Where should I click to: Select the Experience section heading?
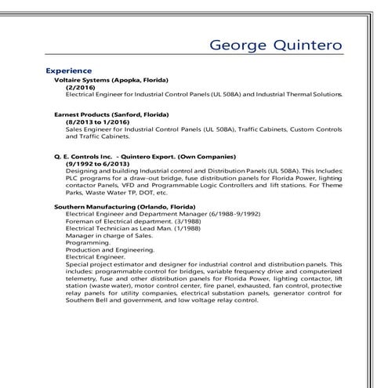point(70,71)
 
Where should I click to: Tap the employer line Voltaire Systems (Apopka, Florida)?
point(111,80)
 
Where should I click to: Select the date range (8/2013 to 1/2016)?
point(98,121)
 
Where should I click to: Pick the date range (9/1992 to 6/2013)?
point(98,163)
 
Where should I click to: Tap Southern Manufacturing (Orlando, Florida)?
point(124,205)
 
